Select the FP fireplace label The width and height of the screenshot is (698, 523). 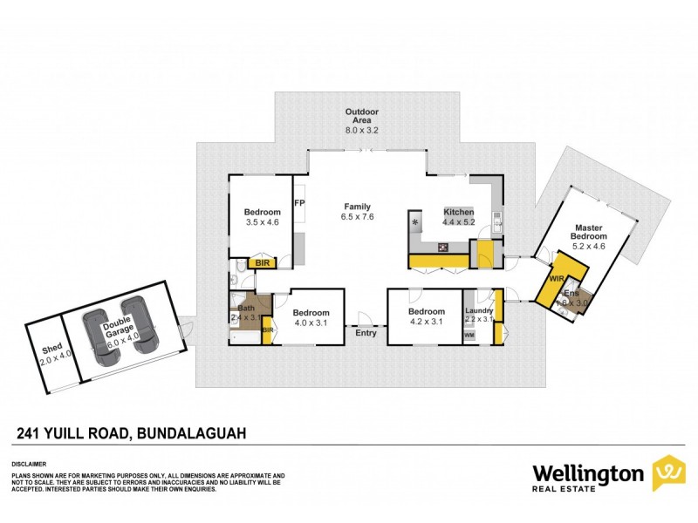[x=299, y=204]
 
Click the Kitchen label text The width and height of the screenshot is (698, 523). [x=459, y=214]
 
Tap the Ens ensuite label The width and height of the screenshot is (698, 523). [x=571, y=293]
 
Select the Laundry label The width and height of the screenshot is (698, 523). [x=479, y=312]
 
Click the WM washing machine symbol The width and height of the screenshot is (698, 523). [x=469, y=335]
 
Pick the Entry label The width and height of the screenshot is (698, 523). [x=366, y=331]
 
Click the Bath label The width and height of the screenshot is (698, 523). [x=245, y=308]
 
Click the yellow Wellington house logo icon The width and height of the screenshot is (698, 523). [x=668, y=473]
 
